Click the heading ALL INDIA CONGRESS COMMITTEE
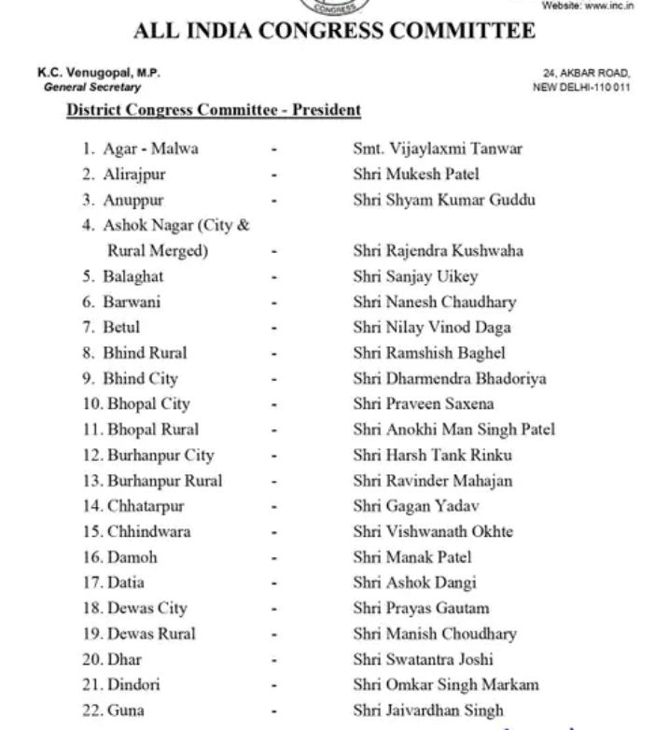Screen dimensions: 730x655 [334, 32]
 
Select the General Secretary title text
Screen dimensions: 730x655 [92, 87]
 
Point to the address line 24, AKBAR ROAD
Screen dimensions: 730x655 [587, 74]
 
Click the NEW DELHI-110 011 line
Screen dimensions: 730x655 [581, 87]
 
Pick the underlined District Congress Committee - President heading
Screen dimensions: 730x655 [214, 110]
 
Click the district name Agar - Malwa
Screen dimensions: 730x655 [150, 148]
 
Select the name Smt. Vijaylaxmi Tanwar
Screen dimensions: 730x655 [438, 148]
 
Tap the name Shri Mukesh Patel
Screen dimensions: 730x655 [416, 174]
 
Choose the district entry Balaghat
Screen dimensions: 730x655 [132, 276]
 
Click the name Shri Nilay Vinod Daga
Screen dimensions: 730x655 [432, 328]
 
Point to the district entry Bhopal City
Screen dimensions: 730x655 [147, 404]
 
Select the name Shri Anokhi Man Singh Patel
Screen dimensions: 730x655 [453, 429]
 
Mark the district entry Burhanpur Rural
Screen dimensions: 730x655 [164, 481]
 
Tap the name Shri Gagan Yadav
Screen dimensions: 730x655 [416, 506]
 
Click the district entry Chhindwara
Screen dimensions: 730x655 [147, 531]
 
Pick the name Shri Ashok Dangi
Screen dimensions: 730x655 [415, 583]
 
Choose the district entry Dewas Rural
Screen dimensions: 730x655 [150, 633]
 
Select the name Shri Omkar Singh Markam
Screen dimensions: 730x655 [446, 684]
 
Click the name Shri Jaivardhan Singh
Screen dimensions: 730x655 [428, 710]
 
